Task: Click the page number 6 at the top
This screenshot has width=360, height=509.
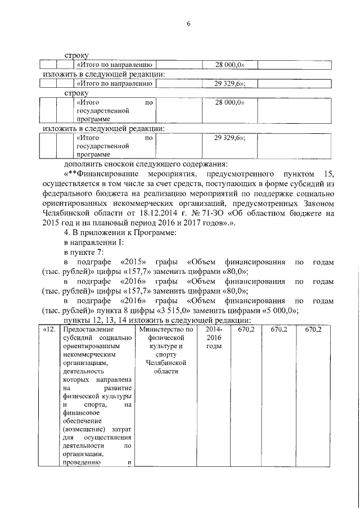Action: [188, 24]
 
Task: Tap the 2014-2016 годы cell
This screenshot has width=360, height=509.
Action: [214, 337]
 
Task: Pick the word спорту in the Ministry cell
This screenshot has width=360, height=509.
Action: [166, 354]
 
